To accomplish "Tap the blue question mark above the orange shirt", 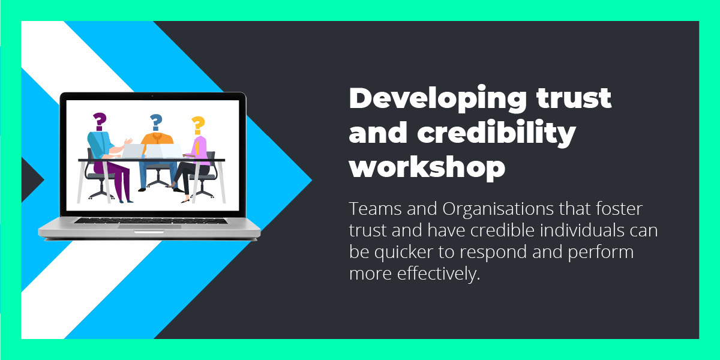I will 156,122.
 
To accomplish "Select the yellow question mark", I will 197,125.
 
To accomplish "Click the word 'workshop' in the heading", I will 427,168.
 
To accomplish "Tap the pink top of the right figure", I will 200,148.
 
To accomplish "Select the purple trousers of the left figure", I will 122,180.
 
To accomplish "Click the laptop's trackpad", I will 149,226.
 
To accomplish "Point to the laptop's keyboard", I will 150,220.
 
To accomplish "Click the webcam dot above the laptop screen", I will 152,96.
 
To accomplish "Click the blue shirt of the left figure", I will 100,144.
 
